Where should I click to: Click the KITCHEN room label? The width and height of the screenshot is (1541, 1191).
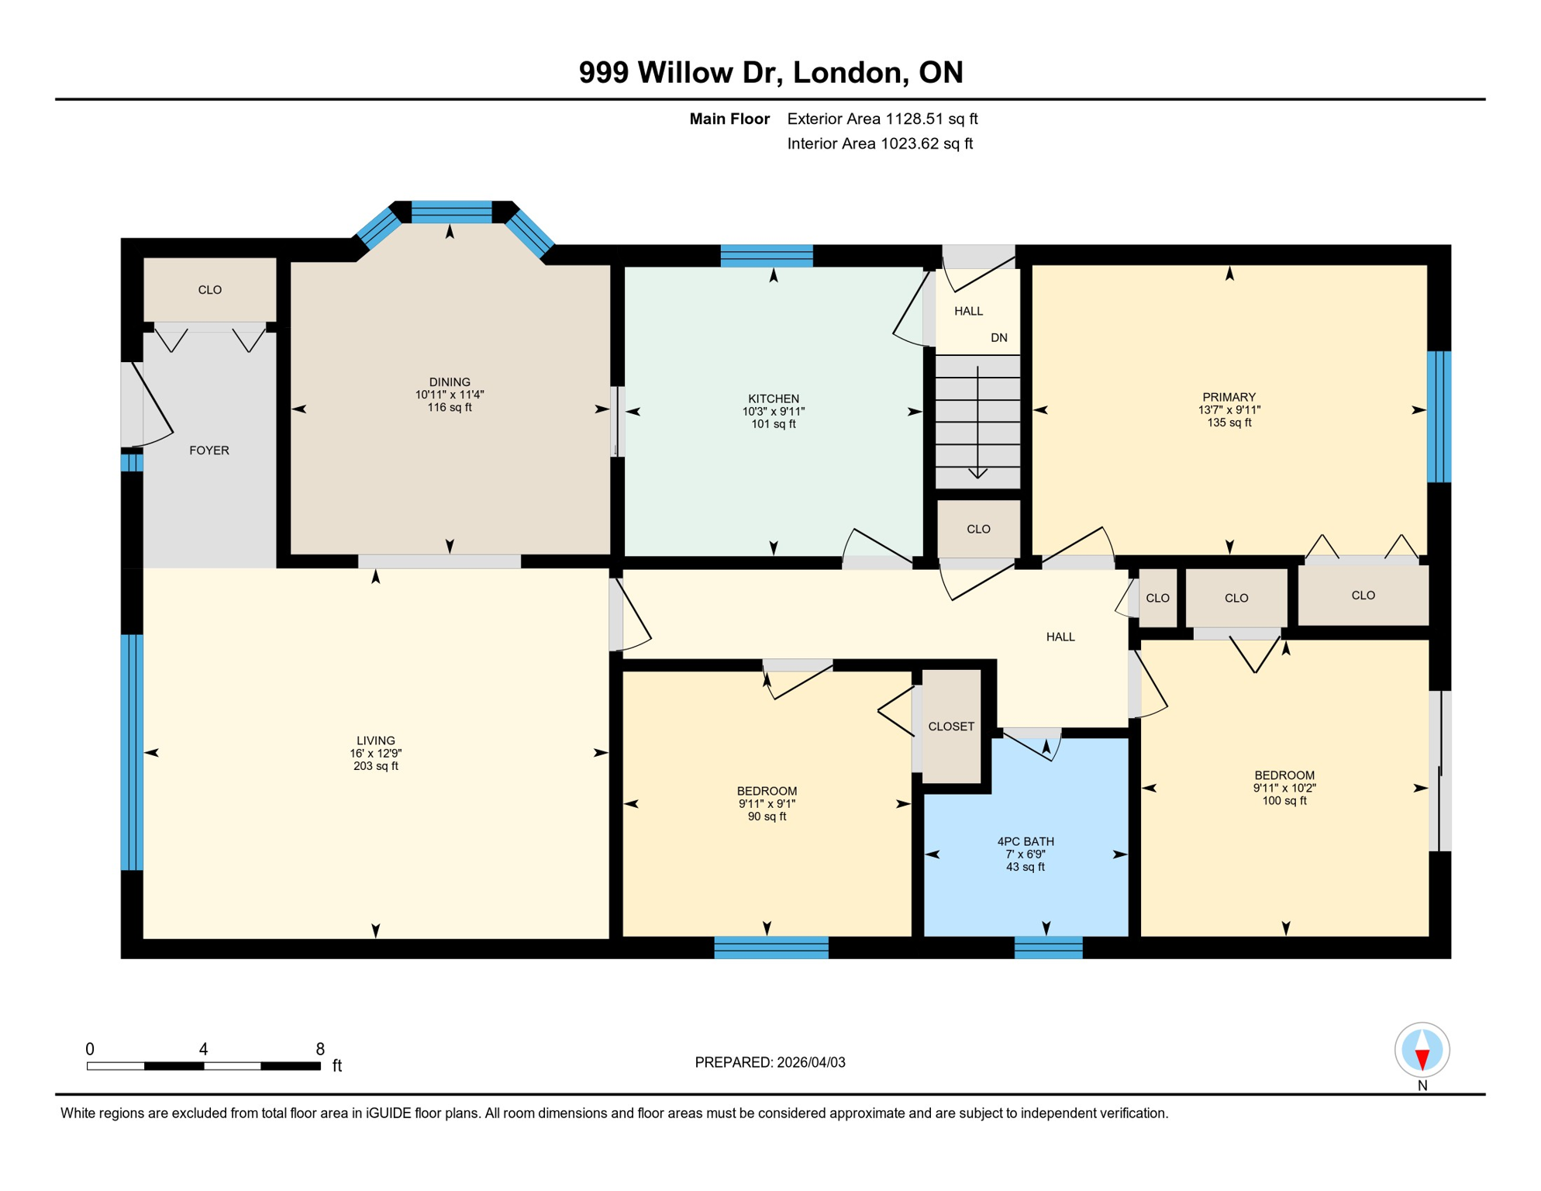773,399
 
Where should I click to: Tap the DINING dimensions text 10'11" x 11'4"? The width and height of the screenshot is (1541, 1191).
450,395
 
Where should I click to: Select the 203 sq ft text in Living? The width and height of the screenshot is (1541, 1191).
375,766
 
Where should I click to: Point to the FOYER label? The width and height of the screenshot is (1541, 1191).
209,451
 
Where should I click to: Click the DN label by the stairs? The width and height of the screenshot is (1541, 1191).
999,338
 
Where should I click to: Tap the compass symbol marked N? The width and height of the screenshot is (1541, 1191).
1422,1050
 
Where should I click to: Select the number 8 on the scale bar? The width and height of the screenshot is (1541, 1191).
319,1049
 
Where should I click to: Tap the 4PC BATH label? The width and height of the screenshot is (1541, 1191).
1025,841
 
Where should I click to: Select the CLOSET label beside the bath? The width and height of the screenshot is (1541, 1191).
951,727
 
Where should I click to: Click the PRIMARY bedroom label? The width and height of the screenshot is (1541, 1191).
1229,397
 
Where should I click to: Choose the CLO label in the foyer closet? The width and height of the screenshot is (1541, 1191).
210,290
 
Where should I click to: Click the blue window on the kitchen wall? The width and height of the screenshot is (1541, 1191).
767,255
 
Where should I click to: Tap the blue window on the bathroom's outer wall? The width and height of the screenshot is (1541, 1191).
1048,948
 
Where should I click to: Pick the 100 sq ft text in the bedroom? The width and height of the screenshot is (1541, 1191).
1284,801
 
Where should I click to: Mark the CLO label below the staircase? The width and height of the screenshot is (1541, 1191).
978,529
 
